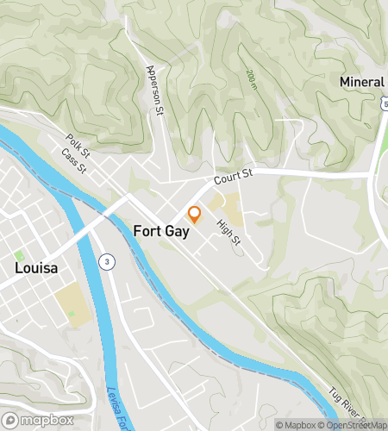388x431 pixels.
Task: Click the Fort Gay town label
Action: [162, 231]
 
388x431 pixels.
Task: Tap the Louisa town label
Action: [36, 268]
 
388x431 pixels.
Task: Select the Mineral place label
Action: [362, 83]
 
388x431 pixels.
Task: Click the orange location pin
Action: [194, 214]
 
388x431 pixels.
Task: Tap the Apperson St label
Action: [155, 90]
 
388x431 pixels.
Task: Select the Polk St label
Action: [78, 143]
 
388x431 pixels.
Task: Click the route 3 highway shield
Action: [106, 260]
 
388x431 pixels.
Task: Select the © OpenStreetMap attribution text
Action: [354, 424]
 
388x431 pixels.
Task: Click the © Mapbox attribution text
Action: [296, 424]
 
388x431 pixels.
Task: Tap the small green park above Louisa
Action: [19, 255]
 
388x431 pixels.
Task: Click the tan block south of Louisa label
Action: [71, 305]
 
